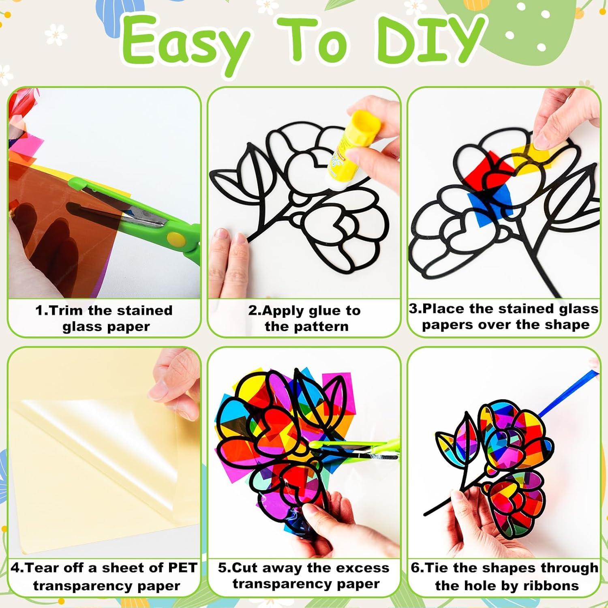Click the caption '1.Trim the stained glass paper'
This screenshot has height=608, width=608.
pos(104,318)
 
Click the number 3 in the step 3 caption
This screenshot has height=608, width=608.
pos(413,308)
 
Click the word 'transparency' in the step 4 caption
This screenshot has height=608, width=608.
pos(84,586)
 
